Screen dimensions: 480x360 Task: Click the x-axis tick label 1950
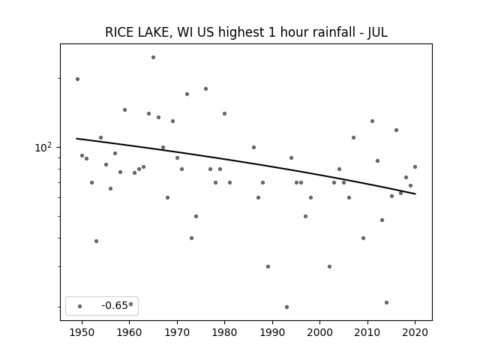pos(82,332)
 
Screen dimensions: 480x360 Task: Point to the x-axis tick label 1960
pos(129,332)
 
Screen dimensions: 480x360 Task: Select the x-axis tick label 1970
pos(177,332)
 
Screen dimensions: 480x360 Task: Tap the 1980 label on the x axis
pos(224,332)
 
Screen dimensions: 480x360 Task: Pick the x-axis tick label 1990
pos(272,332)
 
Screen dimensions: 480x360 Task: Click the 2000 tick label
pos(319,332)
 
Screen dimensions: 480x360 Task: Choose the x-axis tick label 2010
pos(367,332)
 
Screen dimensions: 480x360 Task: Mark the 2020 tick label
pos(415,332)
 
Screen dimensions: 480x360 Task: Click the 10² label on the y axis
pos(43,148)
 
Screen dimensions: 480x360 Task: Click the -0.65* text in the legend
pos(118,305)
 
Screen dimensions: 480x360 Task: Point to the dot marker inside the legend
pos(80,306)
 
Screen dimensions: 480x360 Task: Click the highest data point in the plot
pos(153,57)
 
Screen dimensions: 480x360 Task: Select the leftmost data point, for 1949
pos(77,79)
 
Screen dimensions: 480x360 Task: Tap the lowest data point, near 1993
pos(286,307)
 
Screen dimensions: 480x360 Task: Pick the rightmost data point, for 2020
pos(415,166)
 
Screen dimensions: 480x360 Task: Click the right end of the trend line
pos(415,193)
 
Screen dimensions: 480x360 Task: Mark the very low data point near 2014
pos(387,302)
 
